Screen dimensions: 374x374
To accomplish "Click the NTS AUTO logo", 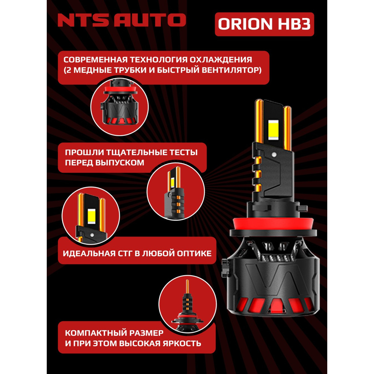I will coord(121,20).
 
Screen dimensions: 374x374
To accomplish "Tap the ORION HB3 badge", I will coord(264,24).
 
